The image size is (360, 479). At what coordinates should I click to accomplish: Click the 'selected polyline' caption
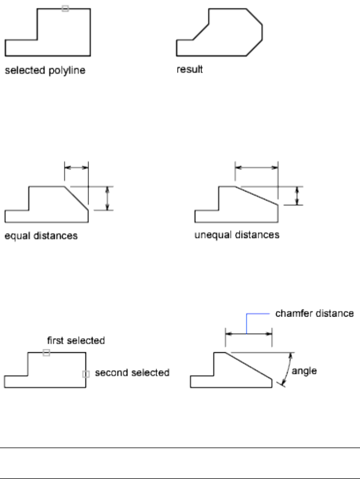pyautogui.click(x=45, y=72)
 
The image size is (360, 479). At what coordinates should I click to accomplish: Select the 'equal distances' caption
pyautogui.click(x=41, y=236)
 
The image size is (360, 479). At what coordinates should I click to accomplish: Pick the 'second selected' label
pyautogui.click(x=132, y=372)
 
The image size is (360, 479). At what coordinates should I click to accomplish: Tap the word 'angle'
pyautogui.click(x=308, y=372)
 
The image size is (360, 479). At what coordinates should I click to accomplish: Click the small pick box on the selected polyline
pyautogui.click(x=65, y=9)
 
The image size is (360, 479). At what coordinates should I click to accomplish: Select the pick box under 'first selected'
pyautogui.click(x=47, y=352)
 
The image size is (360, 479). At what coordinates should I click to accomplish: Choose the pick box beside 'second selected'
pyautogui.click(x=86, y=374)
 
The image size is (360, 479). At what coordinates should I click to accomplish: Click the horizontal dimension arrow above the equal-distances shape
pyautogui.click(x=77, y=166)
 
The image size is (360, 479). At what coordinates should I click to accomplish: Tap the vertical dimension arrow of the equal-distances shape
pyautogui.click(x=108, y=198)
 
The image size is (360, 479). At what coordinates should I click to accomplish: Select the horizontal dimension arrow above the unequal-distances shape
pyautogui.click(x=257, y=166)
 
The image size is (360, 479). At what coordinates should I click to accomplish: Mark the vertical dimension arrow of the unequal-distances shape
pyautogui.click(x=298, y=195)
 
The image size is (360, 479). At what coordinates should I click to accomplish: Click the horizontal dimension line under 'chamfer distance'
pyautogui.click(x=248, y=334)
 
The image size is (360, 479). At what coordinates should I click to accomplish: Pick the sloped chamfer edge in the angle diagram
pyautogui.click(x=249, y=366)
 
